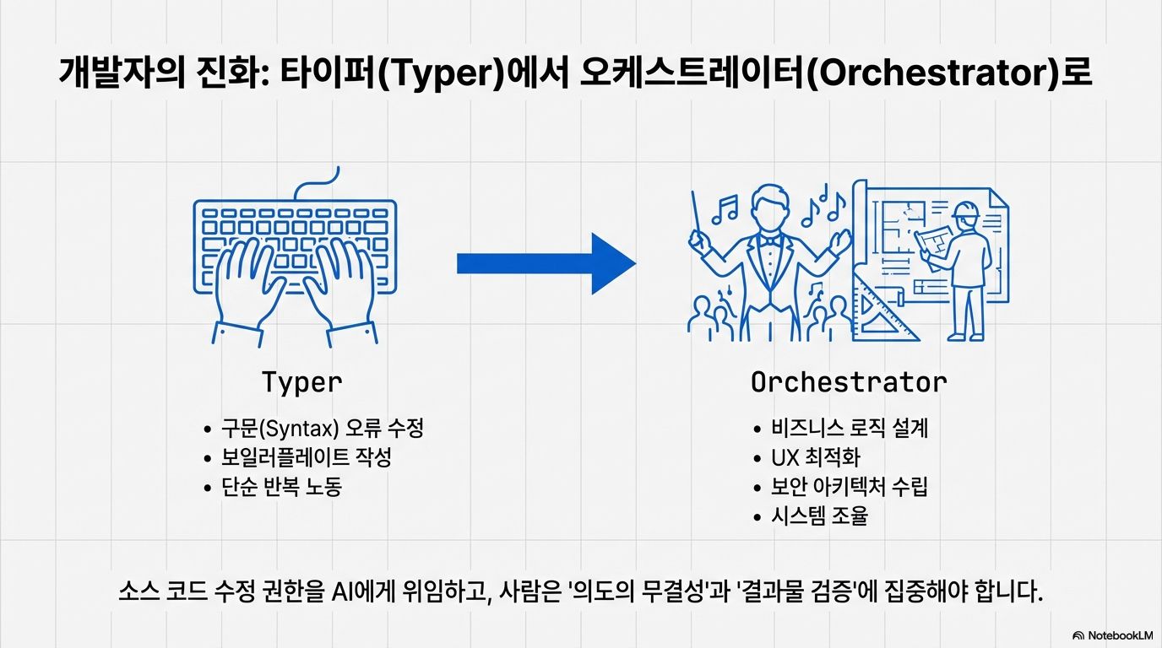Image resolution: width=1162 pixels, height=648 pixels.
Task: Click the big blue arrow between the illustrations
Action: pyautogui.click(x=545, y=263)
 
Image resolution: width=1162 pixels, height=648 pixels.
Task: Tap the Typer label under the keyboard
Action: pyautogui.click(x=301, y=382)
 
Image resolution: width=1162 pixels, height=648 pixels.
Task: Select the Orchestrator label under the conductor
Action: pyautogui.click(x=848, y=382)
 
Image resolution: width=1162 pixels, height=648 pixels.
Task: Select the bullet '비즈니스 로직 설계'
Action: pyautogui.click(x=850, y=428)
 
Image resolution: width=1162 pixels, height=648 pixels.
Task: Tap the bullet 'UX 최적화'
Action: pyautogui.click(x=815, y=457)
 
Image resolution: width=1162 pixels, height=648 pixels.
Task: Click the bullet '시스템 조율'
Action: pyautogui.click(x=819, y=516)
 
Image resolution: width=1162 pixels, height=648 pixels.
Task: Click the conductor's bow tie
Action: pyautogui.click(x=767, y=240)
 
